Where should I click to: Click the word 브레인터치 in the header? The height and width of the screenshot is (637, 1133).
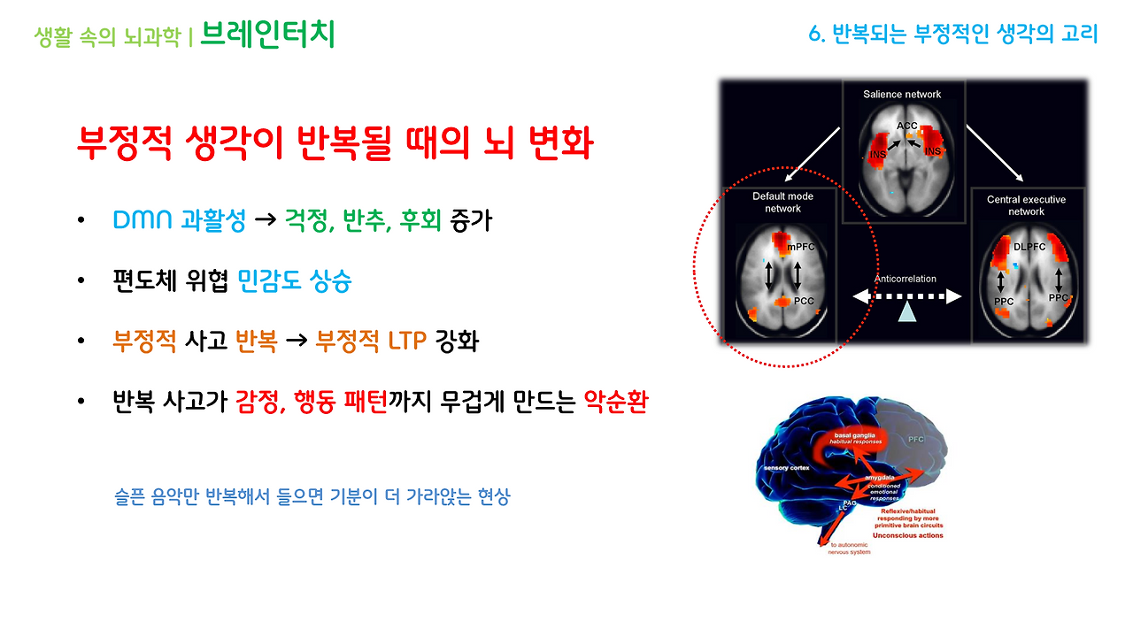click(x=267, y=35)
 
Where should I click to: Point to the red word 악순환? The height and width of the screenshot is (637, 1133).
click(x=616, y=403)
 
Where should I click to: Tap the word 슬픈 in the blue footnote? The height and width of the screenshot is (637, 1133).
click(x=129, y=497)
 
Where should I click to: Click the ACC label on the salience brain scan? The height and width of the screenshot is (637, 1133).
click(x=907, y=126)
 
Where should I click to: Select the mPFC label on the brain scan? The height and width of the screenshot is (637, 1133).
click(x=801, y=247)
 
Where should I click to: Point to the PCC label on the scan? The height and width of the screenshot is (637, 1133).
click(x=803, y=302)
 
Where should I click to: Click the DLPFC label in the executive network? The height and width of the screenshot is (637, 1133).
click(x=1029, y=247)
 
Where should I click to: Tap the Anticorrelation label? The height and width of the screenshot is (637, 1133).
click(x=905, y=279)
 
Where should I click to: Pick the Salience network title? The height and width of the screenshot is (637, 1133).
click(x=902, y=94)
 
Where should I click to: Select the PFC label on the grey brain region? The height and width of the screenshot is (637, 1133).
click(x=915, y=439)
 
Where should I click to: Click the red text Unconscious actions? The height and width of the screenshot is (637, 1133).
click(x=907, y=535)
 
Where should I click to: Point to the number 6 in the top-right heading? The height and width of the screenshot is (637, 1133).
click(x=814, y=35)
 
